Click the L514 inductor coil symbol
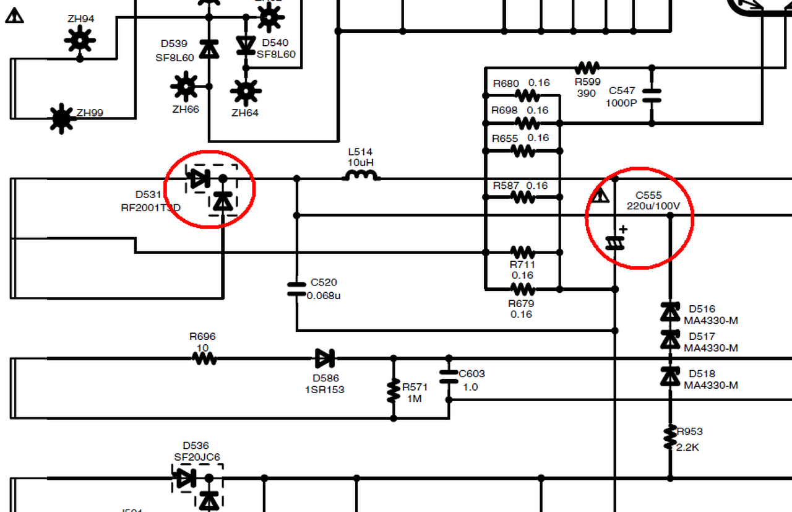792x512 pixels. click(361, 177)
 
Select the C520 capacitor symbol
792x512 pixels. click(297, 288)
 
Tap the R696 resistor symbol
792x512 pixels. click(204, 358)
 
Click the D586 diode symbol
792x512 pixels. click(324, 358)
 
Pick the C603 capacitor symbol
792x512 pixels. click(449, 376)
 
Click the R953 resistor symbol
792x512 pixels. click(670, 436)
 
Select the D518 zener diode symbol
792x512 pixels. click(670, 376)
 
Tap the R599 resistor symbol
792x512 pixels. click(587, 67)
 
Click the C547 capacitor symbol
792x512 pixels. click(652, 95)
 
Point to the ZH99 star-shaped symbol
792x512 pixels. click(61, 118)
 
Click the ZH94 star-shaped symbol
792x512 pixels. click(80, 41)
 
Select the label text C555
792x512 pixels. click(648, 196)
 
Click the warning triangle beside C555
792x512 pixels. click(600, 196)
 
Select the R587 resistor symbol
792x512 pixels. click(523, 197)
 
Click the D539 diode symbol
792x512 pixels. click(209, 48)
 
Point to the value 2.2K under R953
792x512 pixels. click(688, 447)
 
